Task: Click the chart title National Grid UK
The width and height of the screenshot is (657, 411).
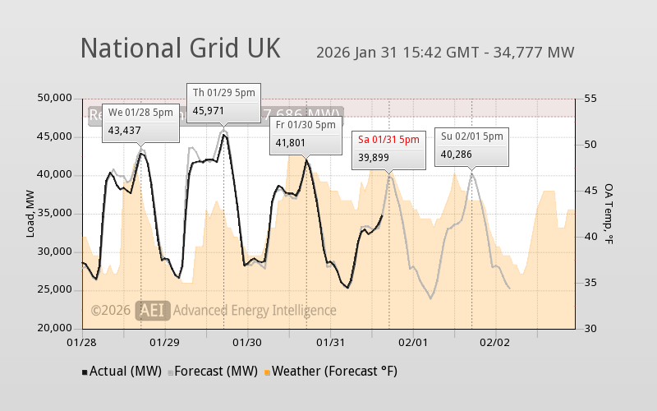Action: (180, 48)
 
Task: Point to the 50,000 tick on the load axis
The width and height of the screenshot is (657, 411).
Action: (56, 98)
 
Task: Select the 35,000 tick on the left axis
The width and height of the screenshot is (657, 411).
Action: (56, 213)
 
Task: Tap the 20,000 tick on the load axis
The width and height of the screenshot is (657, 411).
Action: (56, 328)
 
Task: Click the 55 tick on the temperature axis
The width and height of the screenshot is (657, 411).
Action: (590, 98)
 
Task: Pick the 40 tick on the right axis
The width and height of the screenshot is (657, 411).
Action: (590, 236)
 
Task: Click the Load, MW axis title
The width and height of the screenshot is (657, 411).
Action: (31, 213)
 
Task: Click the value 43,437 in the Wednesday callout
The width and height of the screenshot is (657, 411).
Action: (125, 130)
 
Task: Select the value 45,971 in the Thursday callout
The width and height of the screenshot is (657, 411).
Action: (209, 109)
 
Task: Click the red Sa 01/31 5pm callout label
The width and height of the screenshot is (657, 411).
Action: (388, 139)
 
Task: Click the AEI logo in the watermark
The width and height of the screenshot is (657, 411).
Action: (154, 310)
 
